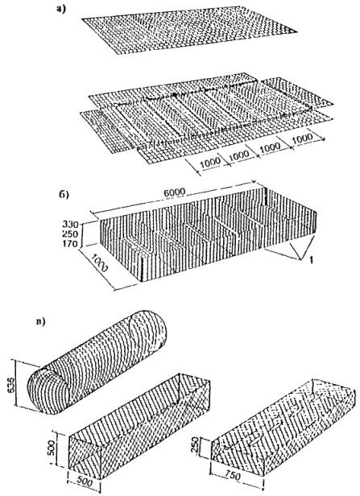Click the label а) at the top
coord(60,10)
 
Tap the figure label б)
coord(64,194)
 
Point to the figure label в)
coord(41,322)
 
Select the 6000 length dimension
coord(174,192)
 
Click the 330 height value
coord(70,225)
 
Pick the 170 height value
coord(70,244)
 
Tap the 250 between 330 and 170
coord(70,234)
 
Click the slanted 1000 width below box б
coord(99,263)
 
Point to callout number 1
coord(312,260)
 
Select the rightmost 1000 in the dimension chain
coord(302,138)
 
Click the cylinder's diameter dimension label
coord(11,386)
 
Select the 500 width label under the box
coord(85,482)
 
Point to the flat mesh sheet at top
coord(188,31)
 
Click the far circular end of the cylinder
coord(148,332)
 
